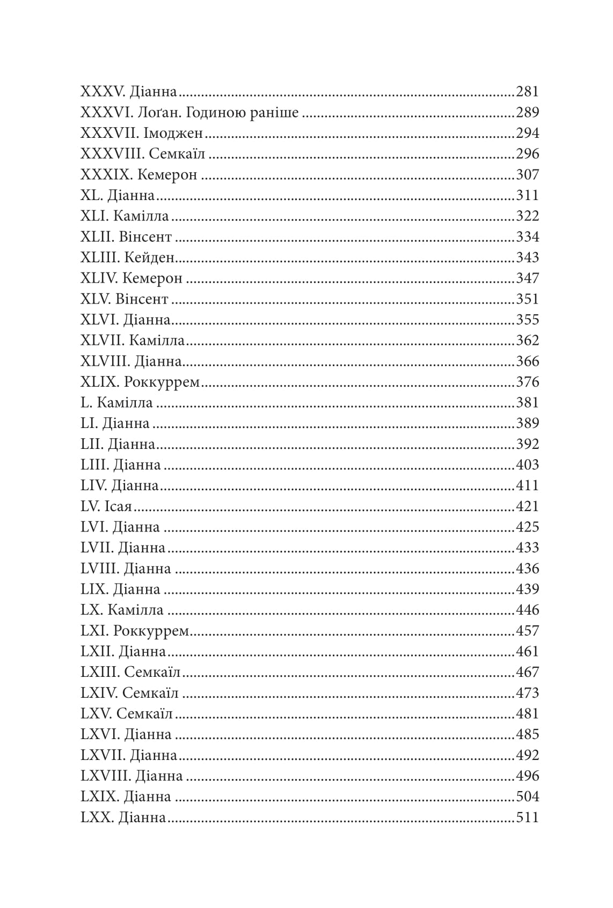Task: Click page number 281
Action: click(527, 92)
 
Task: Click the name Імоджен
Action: click(173, 134)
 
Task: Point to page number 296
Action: click(527, 154)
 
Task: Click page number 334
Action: click(527, 237)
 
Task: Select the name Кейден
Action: click(150, 258)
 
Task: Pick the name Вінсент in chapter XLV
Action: click(142, 299)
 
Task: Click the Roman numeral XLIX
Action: click(99, 382)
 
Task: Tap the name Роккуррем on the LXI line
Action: click(151, 631)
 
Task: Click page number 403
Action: click(527, 465)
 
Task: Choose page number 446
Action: click(527, 610)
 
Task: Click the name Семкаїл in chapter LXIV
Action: click(150, 693)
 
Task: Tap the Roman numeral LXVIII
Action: click(105, 776)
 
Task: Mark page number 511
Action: click(527, 818)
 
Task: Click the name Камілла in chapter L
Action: click(125, 403)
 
